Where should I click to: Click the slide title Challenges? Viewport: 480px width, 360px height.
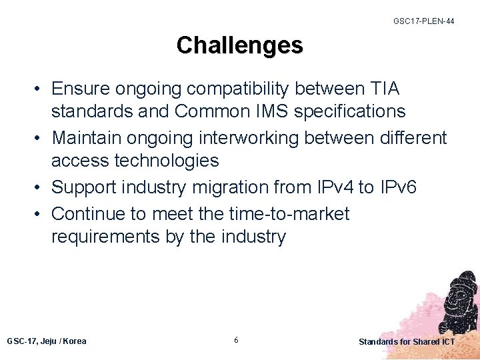[x=239, y=45]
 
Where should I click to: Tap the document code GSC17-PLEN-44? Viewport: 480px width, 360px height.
[x=424, y=21]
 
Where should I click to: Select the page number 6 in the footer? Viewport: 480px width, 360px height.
[x=237, y=341]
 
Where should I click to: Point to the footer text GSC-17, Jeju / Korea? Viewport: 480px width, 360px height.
[x=47, y=341]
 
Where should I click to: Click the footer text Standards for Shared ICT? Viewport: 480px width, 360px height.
[x=407, y=342]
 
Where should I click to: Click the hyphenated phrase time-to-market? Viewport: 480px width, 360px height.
[x=288, y=214]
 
